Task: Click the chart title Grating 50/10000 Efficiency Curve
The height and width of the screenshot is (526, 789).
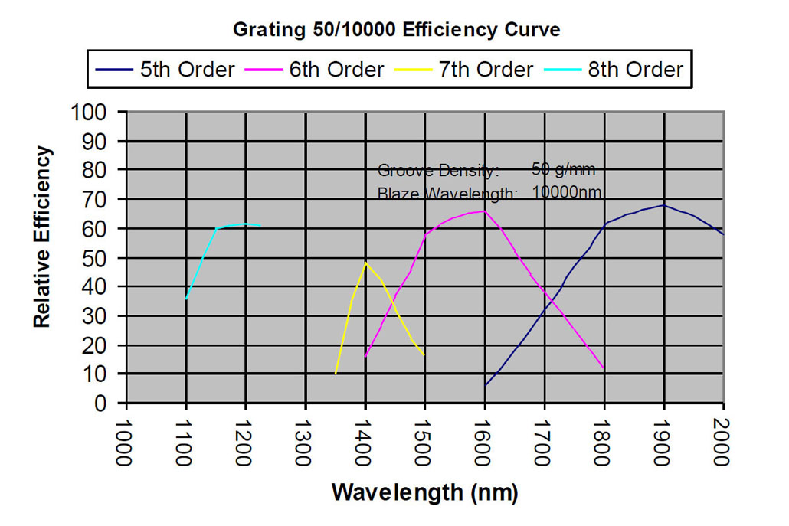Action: pos(396,31)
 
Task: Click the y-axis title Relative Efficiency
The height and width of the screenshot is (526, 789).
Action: pos(43,237)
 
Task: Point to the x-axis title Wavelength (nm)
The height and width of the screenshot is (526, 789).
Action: pos(424,492)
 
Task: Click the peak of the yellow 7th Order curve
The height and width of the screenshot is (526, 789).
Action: pos(365,263)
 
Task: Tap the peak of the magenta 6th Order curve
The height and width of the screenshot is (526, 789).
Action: pos(484,211)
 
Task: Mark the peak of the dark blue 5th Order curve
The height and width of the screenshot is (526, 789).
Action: pos(663,205)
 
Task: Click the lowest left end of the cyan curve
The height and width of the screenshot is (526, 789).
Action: pos(186,299)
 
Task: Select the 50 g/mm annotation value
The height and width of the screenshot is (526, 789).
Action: pos(563,169)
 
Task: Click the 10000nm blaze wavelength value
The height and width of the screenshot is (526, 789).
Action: pos(567,191)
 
